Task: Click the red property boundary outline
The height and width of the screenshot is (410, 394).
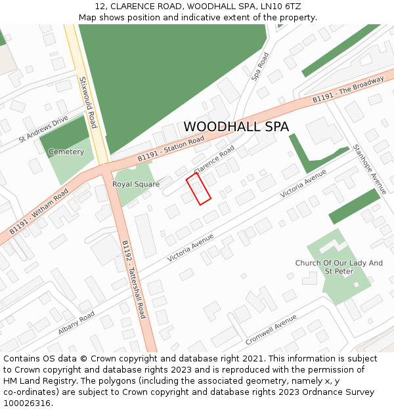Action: (x=198, y=190)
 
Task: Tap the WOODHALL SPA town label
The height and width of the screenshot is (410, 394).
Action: (x=236, y=127)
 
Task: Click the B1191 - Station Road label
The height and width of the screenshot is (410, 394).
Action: (x=171, y=150)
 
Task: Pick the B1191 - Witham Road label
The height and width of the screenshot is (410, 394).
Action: (x=39, y=212)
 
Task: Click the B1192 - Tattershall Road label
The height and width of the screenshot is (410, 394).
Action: (x=133, y=279)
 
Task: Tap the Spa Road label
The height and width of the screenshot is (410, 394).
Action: (x=261, y=67)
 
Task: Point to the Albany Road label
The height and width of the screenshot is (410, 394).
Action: (x=76, y=323)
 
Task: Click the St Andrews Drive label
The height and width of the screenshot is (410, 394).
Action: (x=43, y=129)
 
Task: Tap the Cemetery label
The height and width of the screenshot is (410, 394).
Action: (x=66, y=152)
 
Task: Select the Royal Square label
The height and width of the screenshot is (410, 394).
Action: (x=136, y=184)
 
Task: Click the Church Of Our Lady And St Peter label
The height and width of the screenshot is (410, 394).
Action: (x=339, y=267)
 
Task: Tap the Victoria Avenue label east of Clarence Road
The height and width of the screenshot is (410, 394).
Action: (x=303, y=184)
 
